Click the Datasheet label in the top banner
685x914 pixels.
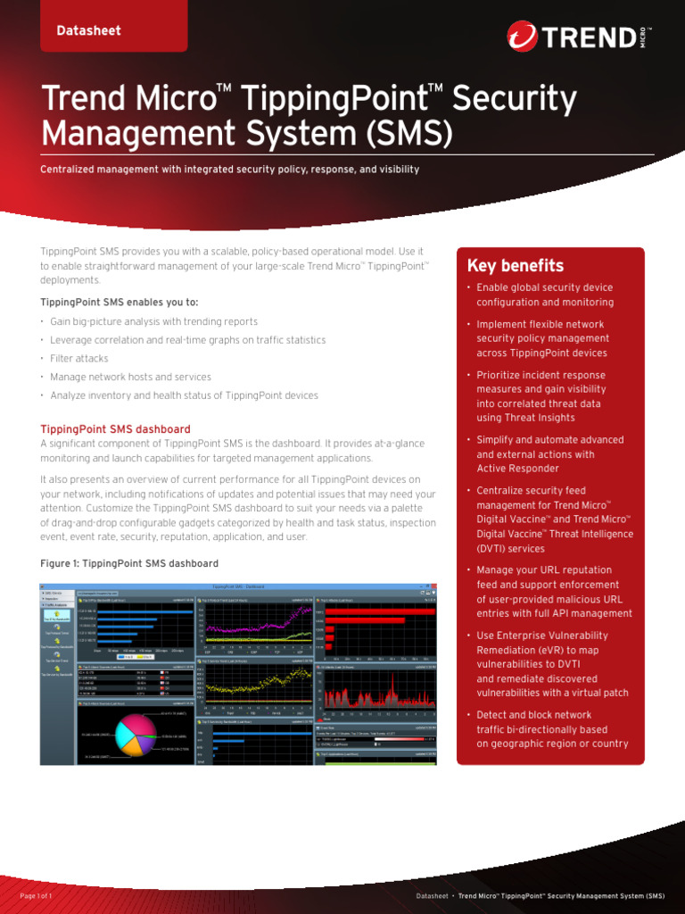88,30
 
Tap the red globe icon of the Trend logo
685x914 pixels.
522,37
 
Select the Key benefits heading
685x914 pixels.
516,266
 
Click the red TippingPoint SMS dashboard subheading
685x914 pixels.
115,429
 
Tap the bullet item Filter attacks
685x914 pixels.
79,358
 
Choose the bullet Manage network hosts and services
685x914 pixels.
130,377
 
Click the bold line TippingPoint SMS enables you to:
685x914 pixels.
120,302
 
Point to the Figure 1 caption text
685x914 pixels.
129,563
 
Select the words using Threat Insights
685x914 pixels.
526,418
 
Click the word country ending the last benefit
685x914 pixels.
609,744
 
